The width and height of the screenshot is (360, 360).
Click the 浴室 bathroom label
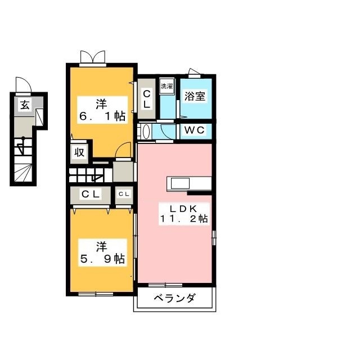(195, 96)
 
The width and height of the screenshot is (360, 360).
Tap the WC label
(195, 130)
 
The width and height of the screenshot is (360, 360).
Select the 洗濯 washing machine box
(167, 87)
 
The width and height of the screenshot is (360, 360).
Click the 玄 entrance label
(25, 104)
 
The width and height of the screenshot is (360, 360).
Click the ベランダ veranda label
(174, 298)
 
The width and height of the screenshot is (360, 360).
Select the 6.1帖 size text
(101, 116)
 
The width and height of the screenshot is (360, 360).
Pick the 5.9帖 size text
(101, 259)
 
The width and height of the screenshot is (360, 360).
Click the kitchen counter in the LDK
(188, 184)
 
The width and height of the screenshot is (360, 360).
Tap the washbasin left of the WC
(146, 132)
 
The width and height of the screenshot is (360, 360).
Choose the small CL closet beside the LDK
(124, 194)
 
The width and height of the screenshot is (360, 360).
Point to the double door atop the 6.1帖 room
(92, 57)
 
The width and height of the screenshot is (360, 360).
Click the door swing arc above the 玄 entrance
(24, 84)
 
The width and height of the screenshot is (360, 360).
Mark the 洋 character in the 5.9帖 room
(101, 246)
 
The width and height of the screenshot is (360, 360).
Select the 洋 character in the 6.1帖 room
(101, 103)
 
